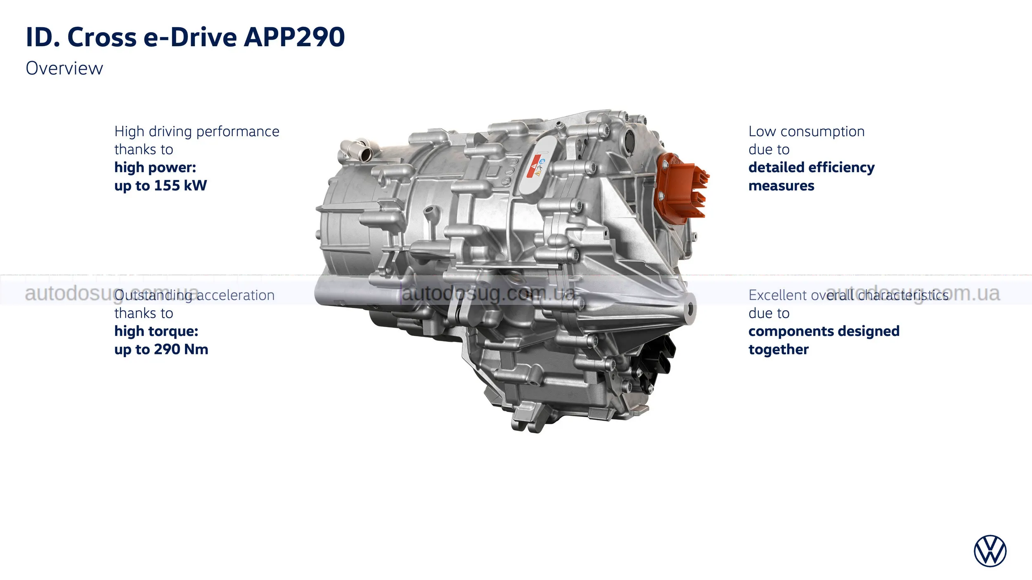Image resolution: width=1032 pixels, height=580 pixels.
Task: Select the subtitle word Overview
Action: pyautogui.click(x=64, y=68)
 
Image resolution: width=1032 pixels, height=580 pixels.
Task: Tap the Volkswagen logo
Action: pyautogui.click(x=990, y=551)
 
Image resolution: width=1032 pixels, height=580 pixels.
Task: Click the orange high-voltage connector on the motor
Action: pyautogui.click(x=681, y=188)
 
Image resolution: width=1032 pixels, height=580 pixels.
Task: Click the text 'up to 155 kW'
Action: pyautogui.click(x=161, y=186)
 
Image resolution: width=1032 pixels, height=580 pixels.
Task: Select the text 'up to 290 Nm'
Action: pyautogui.click(x=161, y=349)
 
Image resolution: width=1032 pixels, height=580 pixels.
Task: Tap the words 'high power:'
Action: pyautogui.click(x=155, y=167)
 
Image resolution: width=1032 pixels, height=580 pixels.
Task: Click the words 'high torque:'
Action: pyautogui.click(x=156, y=331)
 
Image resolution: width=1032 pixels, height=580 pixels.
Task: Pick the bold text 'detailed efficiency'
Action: pyautogui.click(x=812, y=167)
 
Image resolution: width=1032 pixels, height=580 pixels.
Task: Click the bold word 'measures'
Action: pyautogui.click(x=781, y=186)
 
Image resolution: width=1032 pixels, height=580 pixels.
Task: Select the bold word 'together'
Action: pyautogui.click(x=779, y=349)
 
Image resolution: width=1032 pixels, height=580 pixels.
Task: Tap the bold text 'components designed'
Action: pyautogui.click(x=824, y=331)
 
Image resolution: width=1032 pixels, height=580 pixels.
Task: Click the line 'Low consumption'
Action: pyautogui.click(x=807, y=131)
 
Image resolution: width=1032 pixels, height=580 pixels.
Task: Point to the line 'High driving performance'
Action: pyautogui.click(x=197, y=131)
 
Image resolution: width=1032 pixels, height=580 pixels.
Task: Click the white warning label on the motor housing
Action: pyautogui.click(x=537, y=165)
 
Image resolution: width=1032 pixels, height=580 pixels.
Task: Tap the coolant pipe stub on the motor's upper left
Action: pyautogui.click(x=357, y=149)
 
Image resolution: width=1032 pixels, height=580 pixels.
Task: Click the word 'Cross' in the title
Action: pyautogui.click(x=102, y=37)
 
